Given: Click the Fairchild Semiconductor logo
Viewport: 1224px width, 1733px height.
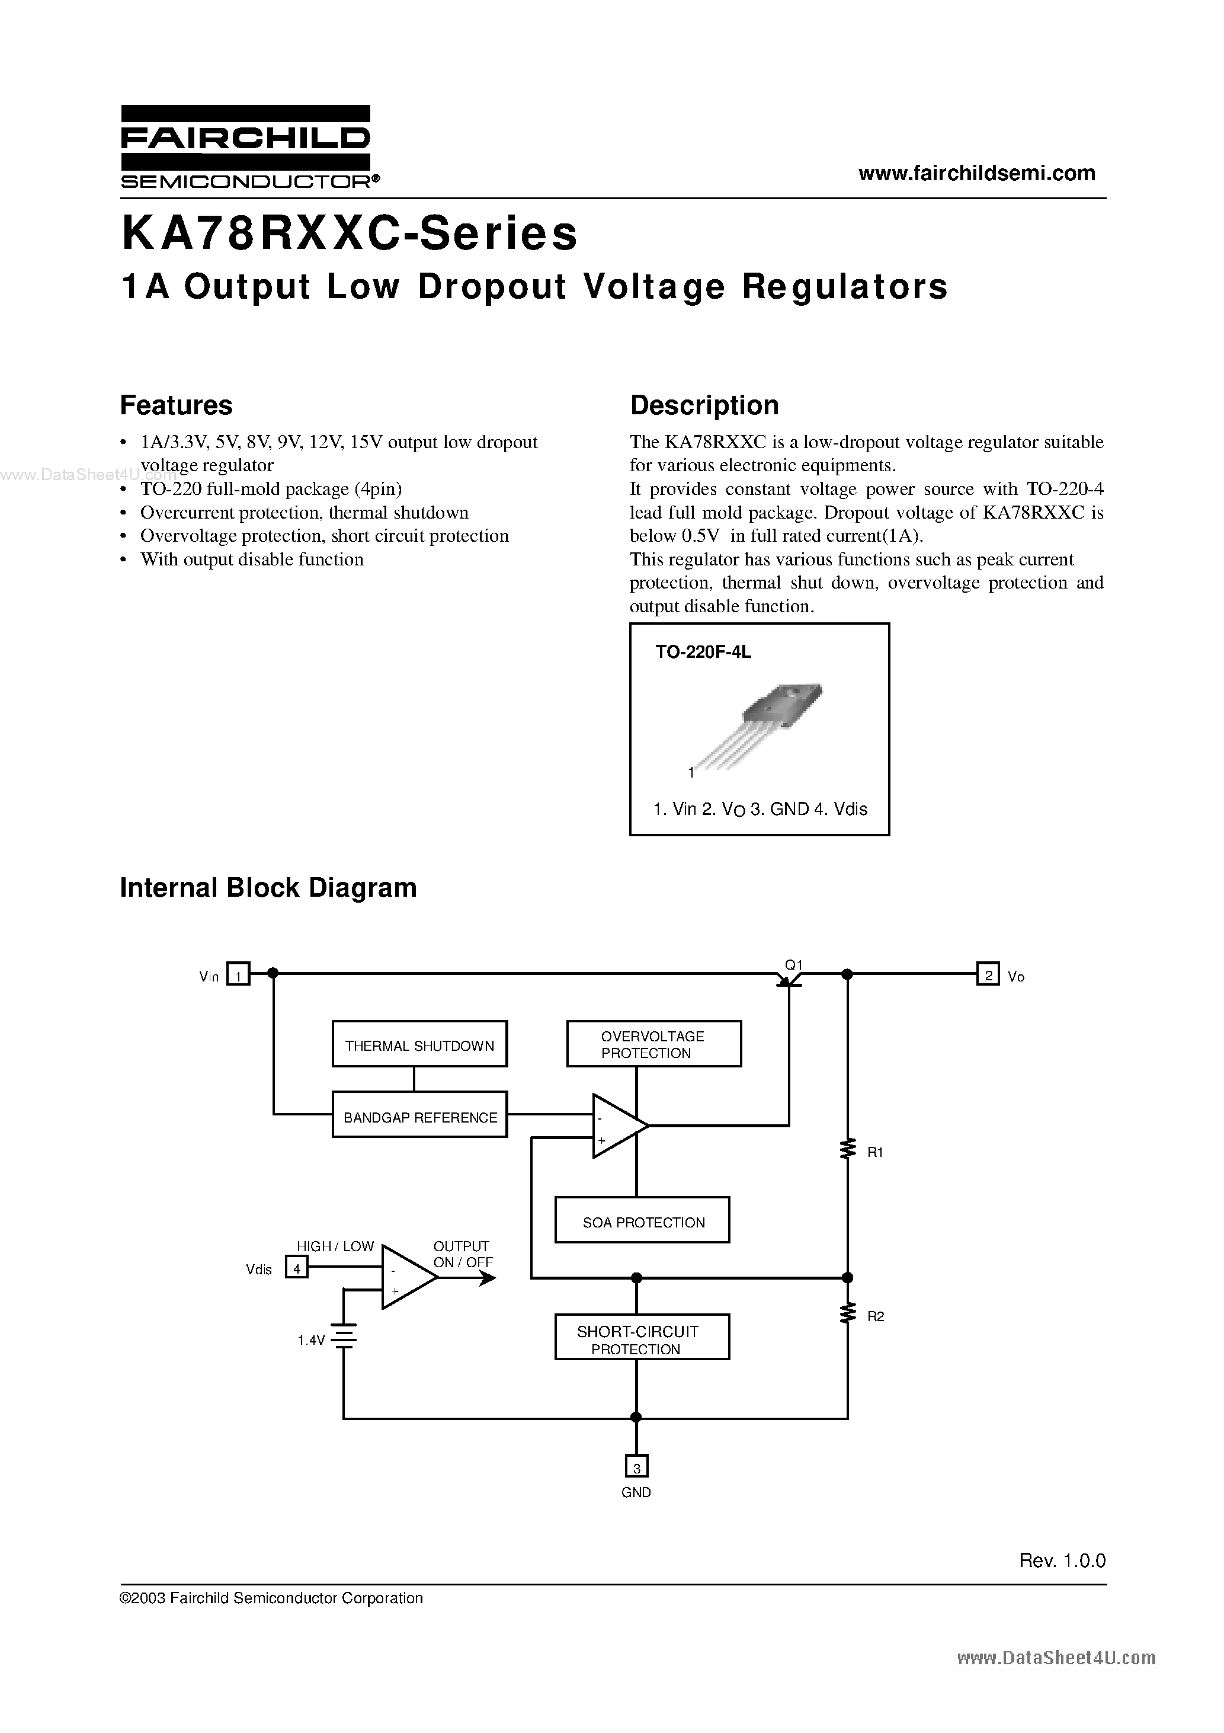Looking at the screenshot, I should (245, 147).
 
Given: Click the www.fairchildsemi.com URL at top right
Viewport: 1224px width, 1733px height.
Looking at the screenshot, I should (976, 173).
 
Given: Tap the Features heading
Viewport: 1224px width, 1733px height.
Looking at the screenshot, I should (176, 405).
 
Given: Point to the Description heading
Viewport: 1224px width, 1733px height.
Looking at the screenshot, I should (704, 405).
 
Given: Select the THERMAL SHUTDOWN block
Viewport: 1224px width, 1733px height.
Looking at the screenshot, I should (419, 1045).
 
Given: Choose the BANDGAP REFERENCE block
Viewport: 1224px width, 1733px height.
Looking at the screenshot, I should (419, 1117).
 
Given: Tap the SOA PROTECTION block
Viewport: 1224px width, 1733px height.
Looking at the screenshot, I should (642, 1222).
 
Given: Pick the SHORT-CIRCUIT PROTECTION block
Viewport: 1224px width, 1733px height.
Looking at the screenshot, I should (642, 1339).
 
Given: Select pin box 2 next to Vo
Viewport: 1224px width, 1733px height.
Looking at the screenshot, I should (987, 975).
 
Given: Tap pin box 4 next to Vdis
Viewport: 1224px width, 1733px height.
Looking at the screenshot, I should (297, 1269).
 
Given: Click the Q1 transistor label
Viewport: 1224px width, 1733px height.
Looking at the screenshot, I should (794, 964).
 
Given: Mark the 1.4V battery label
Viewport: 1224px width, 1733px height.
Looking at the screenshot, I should (311, 1339).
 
